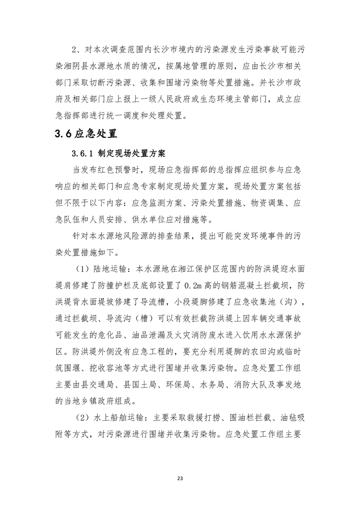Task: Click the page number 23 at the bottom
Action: tap(180, 478)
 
